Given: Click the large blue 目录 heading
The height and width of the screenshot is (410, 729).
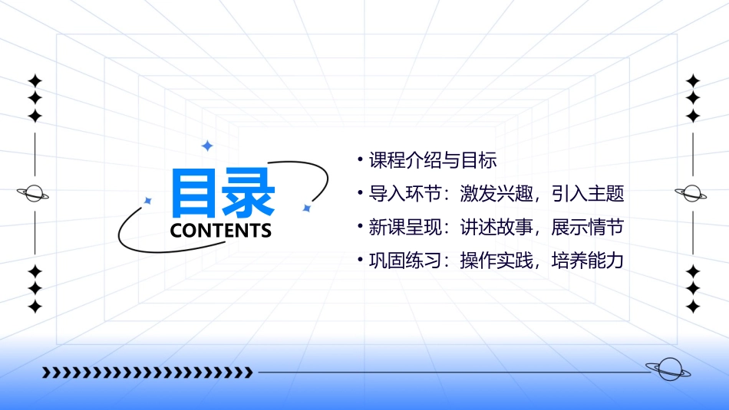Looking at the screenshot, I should click(x=223, y=192).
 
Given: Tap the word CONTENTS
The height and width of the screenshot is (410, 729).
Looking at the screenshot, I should click(x=221, y=231).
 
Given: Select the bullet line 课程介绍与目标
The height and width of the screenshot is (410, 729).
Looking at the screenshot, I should click(x=433, y=161).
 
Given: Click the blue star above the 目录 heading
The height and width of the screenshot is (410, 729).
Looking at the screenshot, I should click(x=206, y=146).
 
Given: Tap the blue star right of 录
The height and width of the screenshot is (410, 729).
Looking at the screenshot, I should click(x=306, y=208).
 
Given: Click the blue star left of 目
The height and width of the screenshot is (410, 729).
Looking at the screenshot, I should click(x=148, y=201).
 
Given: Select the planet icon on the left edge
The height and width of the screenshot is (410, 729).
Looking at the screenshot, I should click(x=34, y=193).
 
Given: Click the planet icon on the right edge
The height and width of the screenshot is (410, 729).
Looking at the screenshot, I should click(x=691, y=193).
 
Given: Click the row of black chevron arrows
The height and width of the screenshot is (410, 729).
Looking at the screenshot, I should click(x=148, y=372).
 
